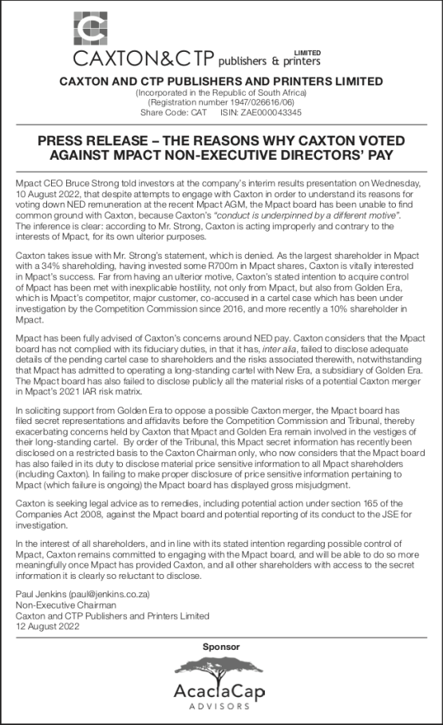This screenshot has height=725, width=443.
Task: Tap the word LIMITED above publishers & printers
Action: click(307, 51)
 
